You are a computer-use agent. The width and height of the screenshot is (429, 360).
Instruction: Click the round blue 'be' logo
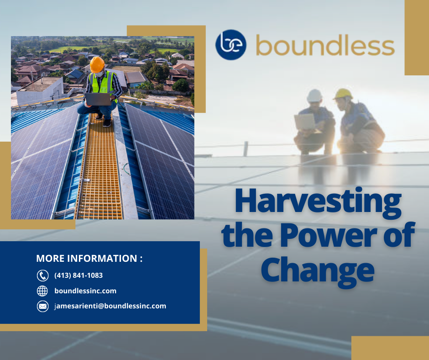click(x=230, y=45)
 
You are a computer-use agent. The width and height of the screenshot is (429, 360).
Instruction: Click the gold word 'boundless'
click(x=325, y=45)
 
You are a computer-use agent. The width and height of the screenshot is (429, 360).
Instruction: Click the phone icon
click(x=42, y=275)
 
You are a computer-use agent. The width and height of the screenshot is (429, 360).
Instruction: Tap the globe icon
click(x=42, y=291)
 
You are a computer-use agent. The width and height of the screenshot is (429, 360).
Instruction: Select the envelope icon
click(x=42, y=306)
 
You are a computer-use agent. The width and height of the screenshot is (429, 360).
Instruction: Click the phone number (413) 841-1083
click(x=78, y=275)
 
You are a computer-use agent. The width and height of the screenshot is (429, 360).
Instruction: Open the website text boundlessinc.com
click(x=85, y=291)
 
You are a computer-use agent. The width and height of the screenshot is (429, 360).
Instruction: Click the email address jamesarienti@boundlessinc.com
click(x=110, y=306)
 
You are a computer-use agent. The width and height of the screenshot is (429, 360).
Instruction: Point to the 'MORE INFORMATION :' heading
click(x=89, y=259)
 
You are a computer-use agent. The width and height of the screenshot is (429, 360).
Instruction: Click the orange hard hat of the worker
click(x=97, y=64)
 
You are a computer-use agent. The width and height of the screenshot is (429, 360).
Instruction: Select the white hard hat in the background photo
click(x=314, y=95)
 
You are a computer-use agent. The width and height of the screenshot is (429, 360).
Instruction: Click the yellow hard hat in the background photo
click(x=343, y=94)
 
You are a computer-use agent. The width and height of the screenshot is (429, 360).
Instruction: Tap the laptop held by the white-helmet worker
click(x=305, y=122)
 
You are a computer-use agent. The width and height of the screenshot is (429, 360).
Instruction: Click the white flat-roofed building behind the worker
click(x=40, y=90)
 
